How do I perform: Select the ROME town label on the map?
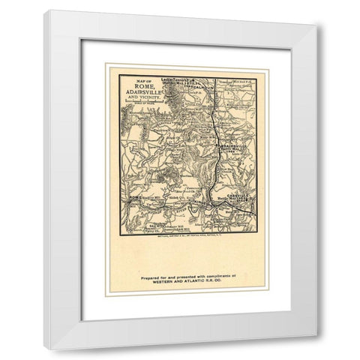tap(135, 196)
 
